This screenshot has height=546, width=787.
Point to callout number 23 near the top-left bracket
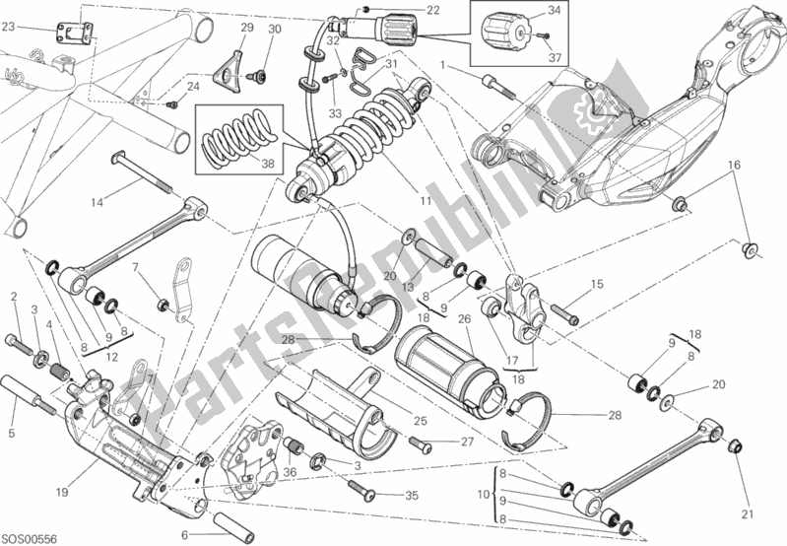8,28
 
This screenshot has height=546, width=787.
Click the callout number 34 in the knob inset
554,11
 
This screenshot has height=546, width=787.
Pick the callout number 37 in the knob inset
554,57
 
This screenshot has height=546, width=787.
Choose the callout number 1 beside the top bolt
444,65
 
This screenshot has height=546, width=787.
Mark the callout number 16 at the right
733,165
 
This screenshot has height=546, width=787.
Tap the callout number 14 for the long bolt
96,204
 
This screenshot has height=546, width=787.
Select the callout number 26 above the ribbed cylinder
464,318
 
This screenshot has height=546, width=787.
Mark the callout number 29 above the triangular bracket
247,28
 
